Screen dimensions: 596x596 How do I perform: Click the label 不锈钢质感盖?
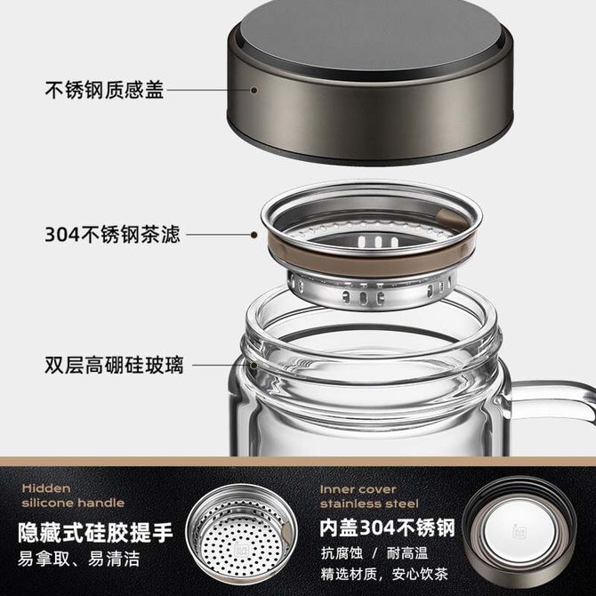coord(104,90)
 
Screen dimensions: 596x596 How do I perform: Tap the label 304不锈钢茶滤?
coord(112,234)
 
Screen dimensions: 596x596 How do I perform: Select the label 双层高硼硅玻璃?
coord(114,365)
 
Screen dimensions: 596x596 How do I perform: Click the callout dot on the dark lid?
coord(254,90)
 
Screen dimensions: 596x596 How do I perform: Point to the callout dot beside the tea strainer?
coord(254,235)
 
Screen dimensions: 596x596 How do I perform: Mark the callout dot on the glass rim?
coord(254,366)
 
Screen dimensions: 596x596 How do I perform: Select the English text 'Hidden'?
coord(46,488)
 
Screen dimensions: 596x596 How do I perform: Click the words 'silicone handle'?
coord(73,503)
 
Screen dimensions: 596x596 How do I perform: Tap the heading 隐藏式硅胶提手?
coord(95,532)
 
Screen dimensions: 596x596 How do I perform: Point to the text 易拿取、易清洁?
coord(78,559)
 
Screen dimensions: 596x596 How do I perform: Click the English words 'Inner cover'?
coord(358,489)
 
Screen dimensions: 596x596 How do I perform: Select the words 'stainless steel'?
coord(369,503)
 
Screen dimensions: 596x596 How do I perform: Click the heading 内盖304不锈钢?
coord(387,528)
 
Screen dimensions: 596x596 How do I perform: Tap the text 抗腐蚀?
coord(342,553)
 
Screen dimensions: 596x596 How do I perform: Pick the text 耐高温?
coord(407,553)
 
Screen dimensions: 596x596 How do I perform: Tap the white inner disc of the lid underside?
coord(517,530)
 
